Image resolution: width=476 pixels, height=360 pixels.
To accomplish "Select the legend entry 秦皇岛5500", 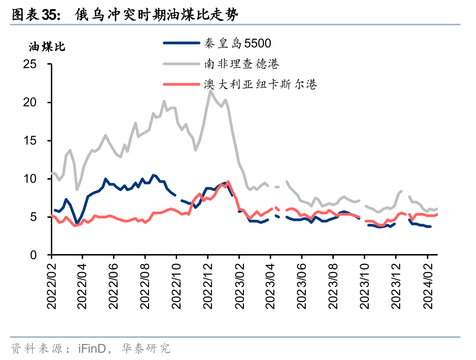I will pos(238,43).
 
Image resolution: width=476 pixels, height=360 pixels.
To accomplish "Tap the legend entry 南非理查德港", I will pos(241,64).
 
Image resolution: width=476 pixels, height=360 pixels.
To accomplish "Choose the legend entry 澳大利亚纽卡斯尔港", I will pos(260,84).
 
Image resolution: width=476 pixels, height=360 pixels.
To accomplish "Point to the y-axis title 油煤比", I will pos(47,46).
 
